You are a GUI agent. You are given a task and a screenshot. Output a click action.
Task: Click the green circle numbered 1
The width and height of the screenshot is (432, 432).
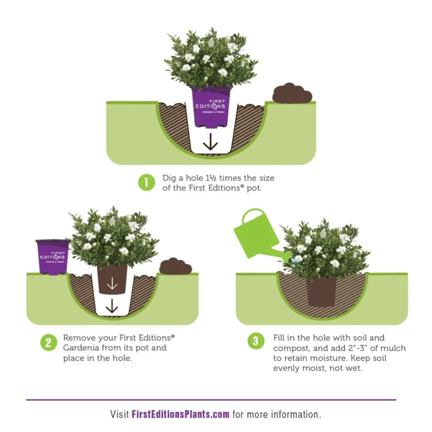click(x=146, y=182)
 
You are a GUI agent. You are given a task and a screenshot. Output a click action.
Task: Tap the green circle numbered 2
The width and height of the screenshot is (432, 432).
click(x=49, y=343)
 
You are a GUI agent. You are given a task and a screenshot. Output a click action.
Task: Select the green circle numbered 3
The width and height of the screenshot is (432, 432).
click(x=256, y=341)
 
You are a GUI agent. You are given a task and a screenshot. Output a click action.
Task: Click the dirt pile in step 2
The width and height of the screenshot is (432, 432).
click(x=175, y=266)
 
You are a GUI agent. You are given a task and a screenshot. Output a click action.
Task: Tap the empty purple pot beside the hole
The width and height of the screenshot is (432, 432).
click(x=53, y=257)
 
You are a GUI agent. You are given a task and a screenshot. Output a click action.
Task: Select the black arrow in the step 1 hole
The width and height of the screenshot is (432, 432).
click(x=210, y=142)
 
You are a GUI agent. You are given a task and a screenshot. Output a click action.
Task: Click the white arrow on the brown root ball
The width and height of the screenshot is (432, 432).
click(x=112, y=283)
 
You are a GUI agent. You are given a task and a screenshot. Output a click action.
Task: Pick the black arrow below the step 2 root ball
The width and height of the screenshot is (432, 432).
click(x=112, y=306)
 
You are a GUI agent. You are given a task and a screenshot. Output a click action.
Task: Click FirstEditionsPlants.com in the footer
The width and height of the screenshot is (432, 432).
click(x=181, y=414)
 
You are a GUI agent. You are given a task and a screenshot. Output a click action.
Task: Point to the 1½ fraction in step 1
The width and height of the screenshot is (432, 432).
click(x=211, y=178)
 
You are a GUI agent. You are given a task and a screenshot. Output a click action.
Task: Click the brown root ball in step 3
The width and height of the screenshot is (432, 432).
click(x=321, y=291)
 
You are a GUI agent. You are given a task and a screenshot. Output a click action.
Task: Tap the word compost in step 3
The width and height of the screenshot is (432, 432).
click(x=291, y=349)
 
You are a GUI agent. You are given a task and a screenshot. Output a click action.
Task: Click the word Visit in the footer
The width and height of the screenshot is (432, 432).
click(x=120, y=414)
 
